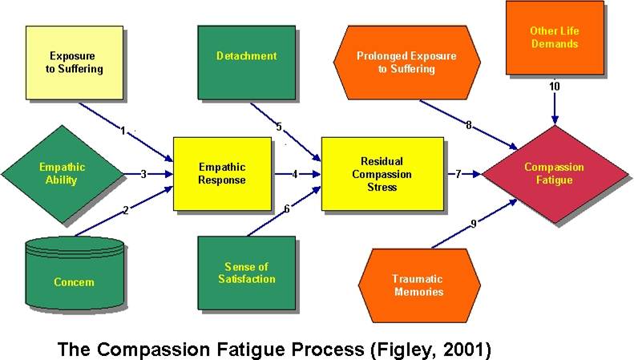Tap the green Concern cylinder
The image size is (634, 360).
point(75,273)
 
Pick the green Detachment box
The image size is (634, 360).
point(246,55)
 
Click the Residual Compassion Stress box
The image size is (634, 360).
point(382,173)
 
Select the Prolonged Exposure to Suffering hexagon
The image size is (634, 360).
point(406,63)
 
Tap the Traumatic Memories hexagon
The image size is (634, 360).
point(418,285)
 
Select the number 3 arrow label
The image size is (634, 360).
point(142,173)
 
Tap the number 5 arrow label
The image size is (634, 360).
point(279,126)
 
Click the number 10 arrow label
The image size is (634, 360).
point(555,86)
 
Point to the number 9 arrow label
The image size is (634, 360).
point(474,224)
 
